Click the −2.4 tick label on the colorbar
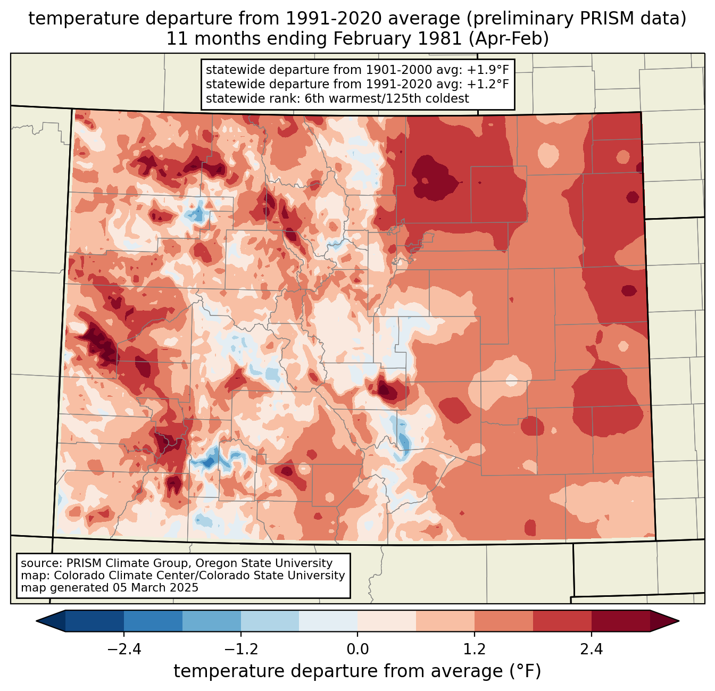(124, 650)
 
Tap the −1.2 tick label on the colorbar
(240, 650)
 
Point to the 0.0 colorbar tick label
(358, 650)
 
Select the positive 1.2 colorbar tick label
(475, 650)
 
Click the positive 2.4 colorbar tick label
(592, 650)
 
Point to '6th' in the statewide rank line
(314, 98)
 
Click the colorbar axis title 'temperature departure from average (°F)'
(358, 671)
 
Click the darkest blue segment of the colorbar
(95, 621)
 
